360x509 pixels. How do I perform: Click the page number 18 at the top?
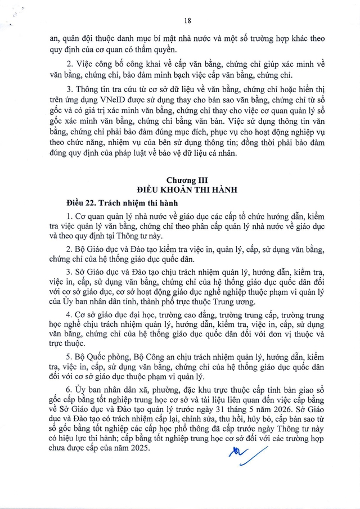(188, 20)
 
